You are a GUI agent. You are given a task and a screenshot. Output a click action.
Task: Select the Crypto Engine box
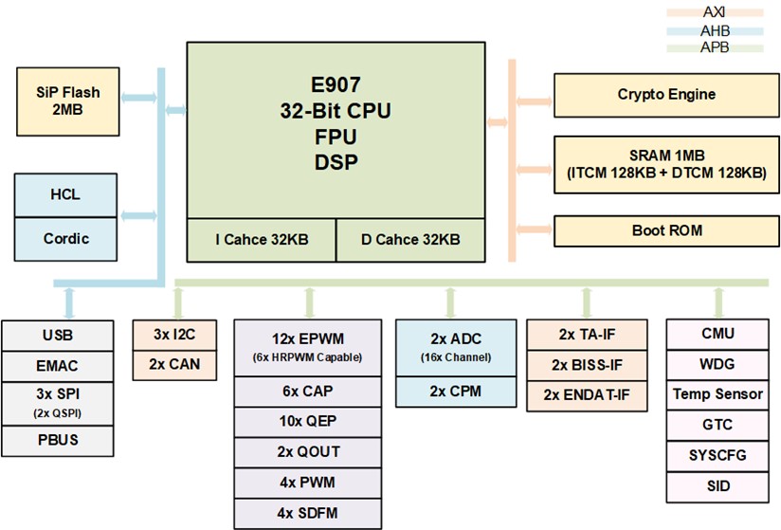click(x=666, y=95)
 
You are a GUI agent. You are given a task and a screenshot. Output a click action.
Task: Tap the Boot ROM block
click(x=666, y=230)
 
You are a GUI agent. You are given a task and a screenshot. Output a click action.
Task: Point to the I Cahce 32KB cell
click(x=261, y=240)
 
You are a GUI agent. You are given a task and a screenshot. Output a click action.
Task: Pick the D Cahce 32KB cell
click(x=410, y=240)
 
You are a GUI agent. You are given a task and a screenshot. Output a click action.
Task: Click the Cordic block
click(x=66, y=239)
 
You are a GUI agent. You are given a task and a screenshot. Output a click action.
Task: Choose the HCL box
click(x=66, y=195)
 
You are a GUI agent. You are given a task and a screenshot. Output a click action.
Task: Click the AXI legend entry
click(x=715, y=12)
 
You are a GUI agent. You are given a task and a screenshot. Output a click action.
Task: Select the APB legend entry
click(x=715, y=46)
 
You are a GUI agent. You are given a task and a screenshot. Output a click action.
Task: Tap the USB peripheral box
click(x=58, y=336)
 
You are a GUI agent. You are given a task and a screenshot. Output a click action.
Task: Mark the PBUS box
click(x=58, y=441)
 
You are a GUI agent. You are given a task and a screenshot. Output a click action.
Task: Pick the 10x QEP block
click(x=309, y=421)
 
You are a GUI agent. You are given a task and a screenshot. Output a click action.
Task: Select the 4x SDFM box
click(x=309, y=513)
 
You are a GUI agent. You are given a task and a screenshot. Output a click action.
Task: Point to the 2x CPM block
click(x=449, y=391)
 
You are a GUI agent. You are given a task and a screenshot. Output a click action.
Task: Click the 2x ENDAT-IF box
click(x=588, y=393)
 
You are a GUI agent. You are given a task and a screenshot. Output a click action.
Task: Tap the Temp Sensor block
click(x=717, y=393)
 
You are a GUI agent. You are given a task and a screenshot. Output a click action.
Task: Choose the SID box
click(x=717, y=485)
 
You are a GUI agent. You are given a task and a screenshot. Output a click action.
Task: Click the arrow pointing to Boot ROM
click(x=535, y=230)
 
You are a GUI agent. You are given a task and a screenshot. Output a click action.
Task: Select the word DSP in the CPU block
click(x=336, y=162)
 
